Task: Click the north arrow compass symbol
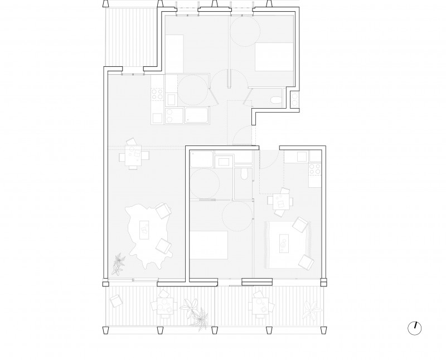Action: (415, 328)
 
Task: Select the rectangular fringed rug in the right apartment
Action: (288, 245)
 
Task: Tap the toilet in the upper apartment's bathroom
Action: (274, 101)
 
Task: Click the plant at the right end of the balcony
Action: (313, 308)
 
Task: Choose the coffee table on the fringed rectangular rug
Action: (284, 243)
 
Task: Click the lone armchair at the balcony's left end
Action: (115, 301)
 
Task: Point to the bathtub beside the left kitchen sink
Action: (197, 115)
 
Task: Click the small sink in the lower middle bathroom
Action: (226, 162)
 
